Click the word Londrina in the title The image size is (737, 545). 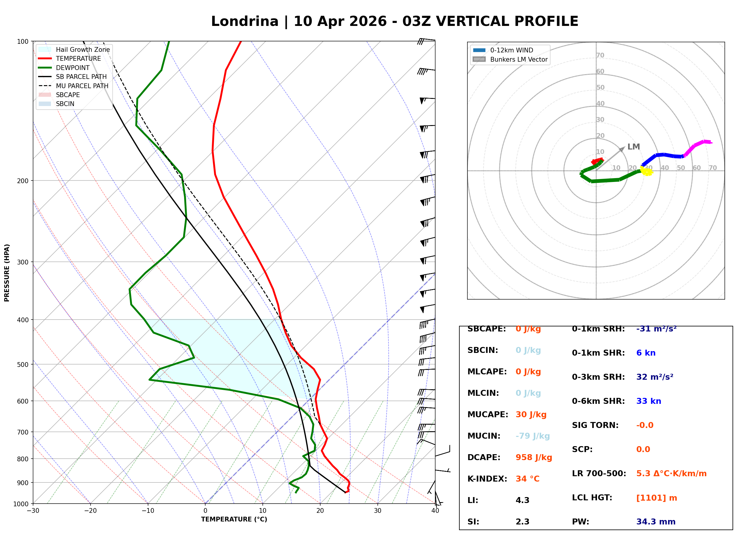click(245, 21)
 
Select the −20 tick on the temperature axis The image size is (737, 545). click(90, 511)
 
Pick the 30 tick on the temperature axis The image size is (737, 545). click(377, 511)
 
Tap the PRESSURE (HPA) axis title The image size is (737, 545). click(7, 273)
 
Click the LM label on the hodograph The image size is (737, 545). click(633, 147)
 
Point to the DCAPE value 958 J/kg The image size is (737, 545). click(534, 457)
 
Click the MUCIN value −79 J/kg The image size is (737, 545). click(532, 436)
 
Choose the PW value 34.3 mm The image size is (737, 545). click(655, 522)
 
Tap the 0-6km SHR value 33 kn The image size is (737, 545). click(649, 401)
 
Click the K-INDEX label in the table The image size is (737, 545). click(487, 479)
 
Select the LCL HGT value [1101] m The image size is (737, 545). click(657, 498)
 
